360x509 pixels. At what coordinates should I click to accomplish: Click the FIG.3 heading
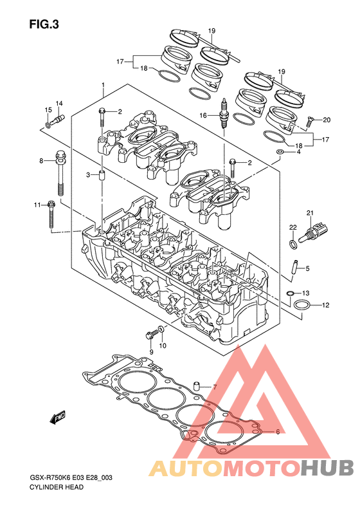coord(44,24)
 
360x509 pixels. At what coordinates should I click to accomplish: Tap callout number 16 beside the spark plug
coord(203,115)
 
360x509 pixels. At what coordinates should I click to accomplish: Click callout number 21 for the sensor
coord(310,213)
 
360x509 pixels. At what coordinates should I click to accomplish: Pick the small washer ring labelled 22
coord(292,244)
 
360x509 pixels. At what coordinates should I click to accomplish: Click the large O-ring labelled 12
coord(301,305)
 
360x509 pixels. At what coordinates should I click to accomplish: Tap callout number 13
coord(306,293)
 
